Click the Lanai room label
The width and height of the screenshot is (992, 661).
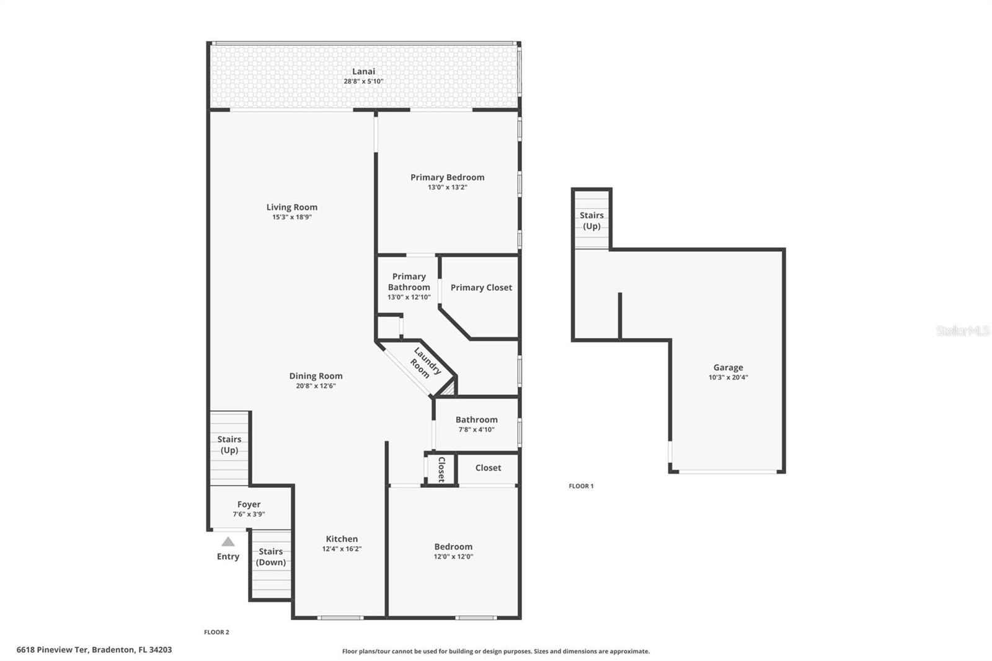point(363,71)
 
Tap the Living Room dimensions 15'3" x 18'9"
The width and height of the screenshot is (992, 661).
point(291,218)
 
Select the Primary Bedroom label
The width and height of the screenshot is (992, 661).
point(447,177)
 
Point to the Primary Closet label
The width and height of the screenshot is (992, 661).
point(481,288)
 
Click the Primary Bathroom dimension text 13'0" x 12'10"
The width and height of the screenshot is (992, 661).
point(409,298)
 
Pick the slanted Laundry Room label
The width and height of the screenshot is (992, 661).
point(423,365)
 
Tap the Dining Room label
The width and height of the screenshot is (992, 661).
point(316,376)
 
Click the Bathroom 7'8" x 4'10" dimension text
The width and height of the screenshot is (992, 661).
point(476,430)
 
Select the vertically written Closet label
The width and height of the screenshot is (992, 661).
point(441,469)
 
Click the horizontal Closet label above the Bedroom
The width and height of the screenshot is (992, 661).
point(488,468)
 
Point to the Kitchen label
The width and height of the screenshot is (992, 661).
point(342,539)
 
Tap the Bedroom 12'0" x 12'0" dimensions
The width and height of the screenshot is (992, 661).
point(453,557)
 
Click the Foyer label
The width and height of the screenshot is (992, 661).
point(249,505)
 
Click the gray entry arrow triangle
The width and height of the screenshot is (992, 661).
point(228,542)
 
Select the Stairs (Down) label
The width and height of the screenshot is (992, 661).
point(271,557)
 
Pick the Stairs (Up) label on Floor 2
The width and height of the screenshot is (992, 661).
point(229,445)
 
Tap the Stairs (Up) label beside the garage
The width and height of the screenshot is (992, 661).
point(591,221)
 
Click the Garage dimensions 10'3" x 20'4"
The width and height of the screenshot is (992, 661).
point(728,378)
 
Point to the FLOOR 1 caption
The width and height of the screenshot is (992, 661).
point(581,486)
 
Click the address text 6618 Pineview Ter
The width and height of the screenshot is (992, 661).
point(53,650)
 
